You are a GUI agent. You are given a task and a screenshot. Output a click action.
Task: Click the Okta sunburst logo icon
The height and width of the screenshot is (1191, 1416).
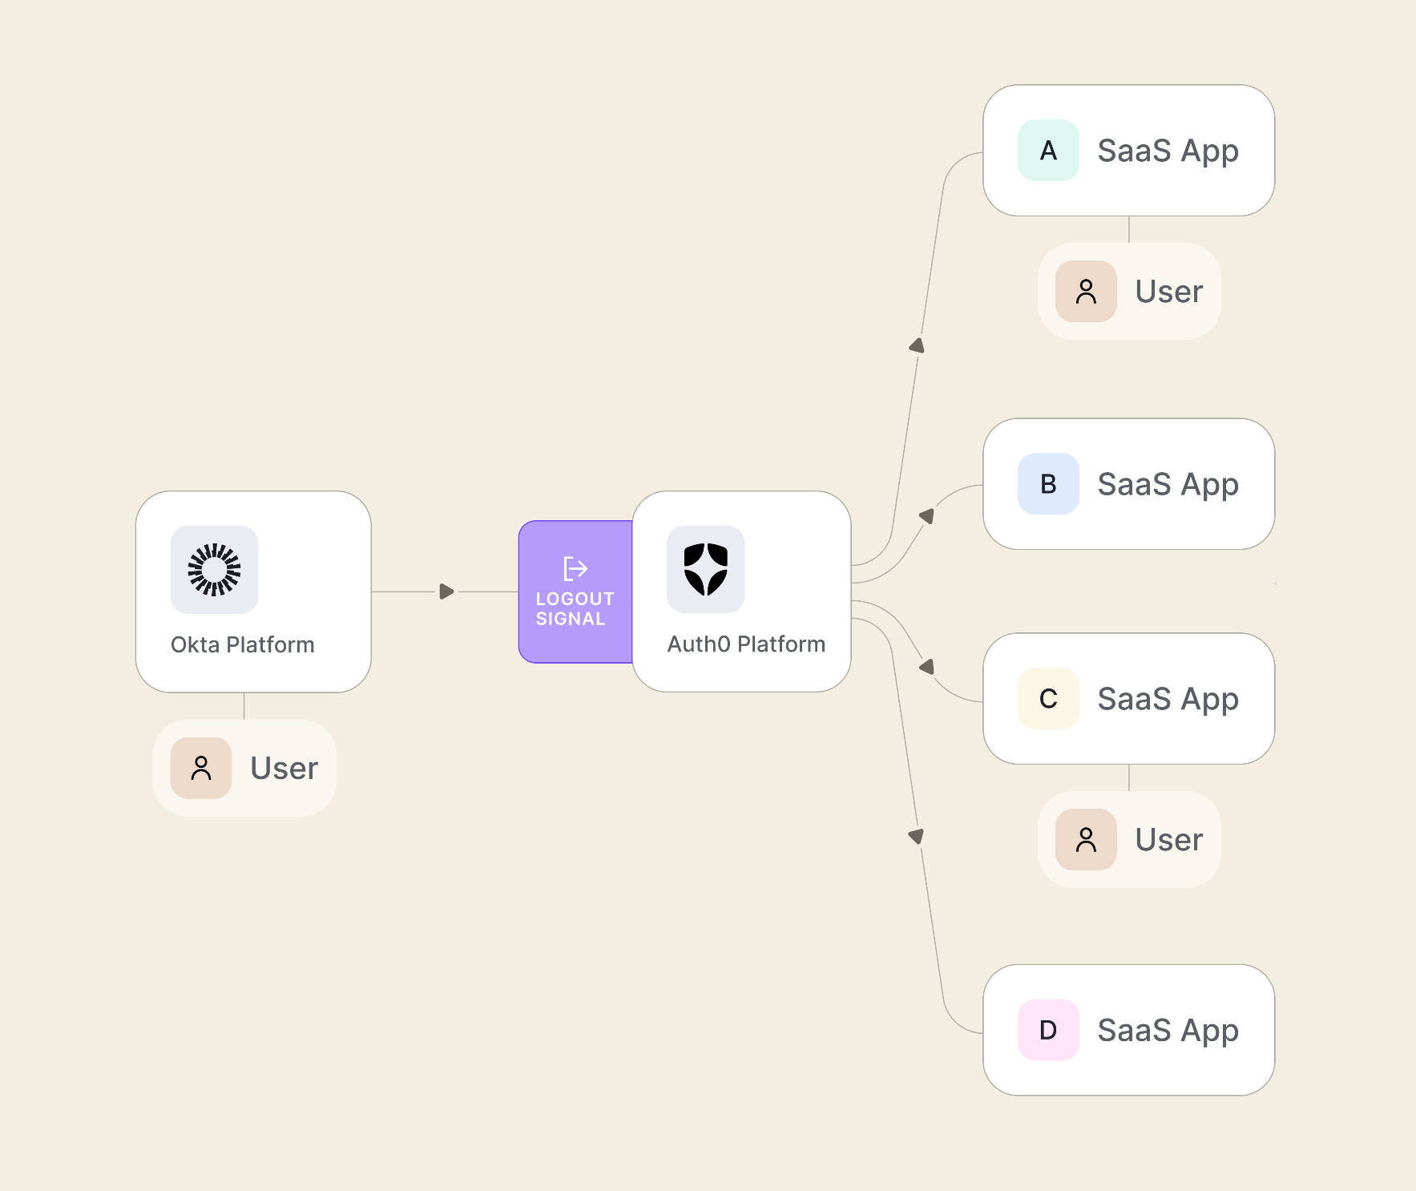[214, 570]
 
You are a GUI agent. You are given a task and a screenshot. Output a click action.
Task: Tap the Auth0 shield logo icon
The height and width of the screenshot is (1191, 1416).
[705, 570]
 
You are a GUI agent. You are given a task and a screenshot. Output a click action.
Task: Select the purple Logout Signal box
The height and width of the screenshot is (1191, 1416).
[575, 591]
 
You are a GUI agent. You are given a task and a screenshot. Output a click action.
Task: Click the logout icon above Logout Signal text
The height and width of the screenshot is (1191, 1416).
[575, 568]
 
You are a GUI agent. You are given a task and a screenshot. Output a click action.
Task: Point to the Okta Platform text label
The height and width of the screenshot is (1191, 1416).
[242, 644]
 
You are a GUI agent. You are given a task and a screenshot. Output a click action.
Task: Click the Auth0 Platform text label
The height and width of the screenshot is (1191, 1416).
[746, 644]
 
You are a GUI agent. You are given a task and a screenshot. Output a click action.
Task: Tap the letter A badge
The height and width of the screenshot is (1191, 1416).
[1048, 151]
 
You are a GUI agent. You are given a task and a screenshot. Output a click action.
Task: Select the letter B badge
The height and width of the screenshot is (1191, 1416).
[1048, 484]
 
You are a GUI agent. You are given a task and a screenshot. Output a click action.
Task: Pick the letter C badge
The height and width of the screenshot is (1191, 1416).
[1048, 699]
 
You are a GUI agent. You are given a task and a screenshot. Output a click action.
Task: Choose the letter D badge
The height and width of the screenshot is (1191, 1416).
[1048, 1030]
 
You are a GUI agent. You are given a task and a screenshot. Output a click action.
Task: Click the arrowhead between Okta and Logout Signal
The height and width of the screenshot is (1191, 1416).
[446, 591]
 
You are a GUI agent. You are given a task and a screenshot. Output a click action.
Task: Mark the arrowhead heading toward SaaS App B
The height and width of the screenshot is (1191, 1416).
[927, 515]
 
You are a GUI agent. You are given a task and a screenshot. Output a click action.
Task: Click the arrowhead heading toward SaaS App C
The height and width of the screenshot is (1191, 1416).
[927, 667]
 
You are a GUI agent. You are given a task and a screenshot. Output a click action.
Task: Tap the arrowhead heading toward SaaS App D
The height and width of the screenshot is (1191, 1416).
[917, 836]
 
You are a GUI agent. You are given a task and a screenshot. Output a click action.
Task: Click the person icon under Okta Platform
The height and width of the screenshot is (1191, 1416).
[201, 768]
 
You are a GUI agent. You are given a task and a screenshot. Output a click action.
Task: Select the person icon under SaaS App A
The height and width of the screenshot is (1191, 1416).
[1086, 292]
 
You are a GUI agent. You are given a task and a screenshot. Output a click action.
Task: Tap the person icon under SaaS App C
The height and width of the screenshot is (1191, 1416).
[1086, 839]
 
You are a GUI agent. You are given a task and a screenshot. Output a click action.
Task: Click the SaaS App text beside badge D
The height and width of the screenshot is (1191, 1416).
[1168, 1031]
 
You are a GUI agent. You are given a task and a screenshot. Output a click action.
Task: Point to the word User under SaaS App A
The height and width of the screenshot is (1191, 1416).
[1168, 292]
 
